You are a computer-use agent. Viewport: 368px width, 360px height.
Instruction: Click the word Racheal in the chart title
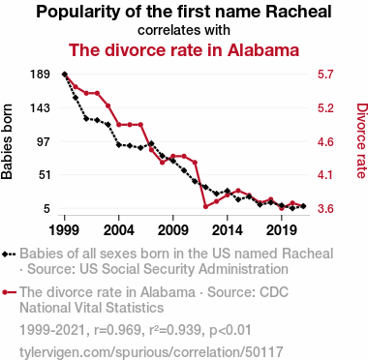[299, 12]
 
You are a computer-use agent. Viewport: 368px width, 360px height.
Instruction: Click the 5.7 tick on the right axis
[325, 75]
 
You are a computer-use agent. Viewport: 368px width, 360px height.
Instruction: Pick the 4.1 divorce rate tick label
[325, 175]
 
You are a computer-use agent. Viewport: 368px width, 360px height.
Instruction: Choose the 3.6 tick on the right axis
[325, 209]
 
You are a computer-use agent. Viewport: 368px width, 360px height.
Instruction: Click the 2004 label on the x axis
[119, 230]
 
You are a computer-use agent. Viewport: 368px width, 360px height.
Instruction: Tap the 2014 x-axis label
[228, 230]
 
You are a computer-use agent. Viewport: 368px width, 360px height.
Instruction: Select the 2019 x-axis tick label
[282, 230]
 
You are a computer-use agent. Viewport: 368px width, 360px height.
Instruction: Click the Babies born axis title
[7, 141]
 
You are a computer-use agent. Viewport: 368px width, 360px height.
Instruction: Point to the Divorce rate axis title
[361, 140]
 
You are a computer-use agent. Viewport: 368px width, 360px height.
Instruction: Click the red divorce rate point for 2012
[205, 206]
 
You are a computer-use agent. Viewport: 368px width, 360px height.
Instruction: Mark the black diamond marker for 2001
[86, 119]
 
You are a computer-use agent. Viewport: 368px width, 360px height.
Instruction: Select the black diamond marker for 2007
[151, 143]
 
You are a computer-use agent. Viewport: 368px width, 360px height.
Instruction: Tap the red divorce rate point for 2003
[108, 105]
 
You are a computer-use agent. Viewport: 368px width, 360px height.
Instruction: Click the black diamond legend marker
[5, 254]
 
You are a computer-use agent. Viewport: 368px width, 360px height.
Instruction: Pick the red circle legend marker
[5, 292]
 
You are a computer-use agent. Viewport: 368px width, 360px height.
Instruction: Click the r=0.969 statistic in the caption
[117, 330]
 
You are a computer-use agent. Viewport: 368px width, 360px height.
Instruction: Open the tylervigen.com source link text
[151, 352]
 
